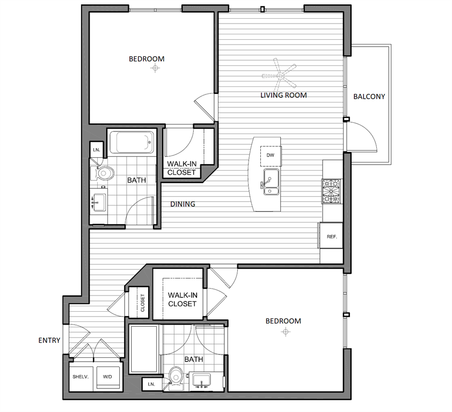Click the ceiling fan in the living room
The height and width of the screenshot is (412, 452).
(279, 74)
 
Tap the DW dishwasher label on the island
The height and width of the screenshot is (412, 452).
(269, 155)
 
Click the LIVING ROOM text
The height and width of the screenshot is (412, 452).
(283, 95)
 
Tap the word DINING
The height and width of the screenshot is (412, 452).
(183, 204)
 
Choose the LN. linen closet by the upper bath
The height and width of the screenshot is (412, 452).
(97, 150)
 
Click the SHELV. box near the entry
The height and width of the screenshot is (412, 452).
(81, 377)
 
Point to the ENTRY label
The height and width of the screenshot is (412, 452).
(49, 340)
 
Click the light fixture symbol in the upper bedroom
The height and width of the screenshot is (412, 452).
(156, 68)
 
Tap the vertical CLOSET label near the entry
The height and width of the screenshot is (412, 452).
(143, 304)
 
